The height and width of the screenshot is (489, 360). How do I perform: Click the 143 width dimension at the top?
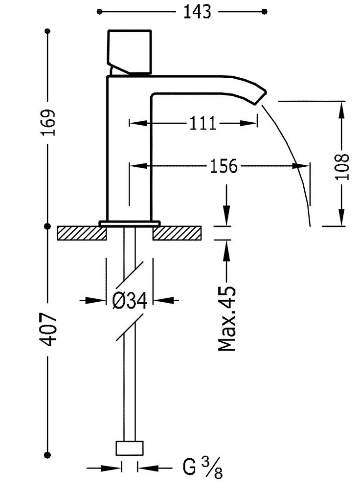[x=197, y=12]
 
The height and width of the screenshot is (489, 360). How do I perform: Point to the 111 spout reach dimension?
[x=202, y=123]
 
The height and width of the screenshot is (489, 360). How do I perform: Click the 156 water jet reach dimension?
[x=223, y=166]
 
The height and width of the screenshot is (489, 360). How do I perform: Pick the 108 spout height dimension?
[x=343, y=167]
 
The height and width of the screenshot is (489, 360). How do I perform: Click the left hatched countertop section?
[x=82, y=233]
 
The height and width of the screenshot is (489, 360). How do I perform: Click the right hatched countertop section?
[x=177, y=233]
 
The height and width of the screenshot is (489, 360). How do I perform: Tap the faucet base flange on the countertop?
[x=130, y=223]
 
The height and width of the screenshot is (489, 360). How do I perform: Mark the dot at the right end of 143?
[x=265, y=11]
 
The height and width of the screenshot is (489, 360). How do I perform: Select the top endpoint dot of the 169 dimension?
[x=48, y=31]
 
